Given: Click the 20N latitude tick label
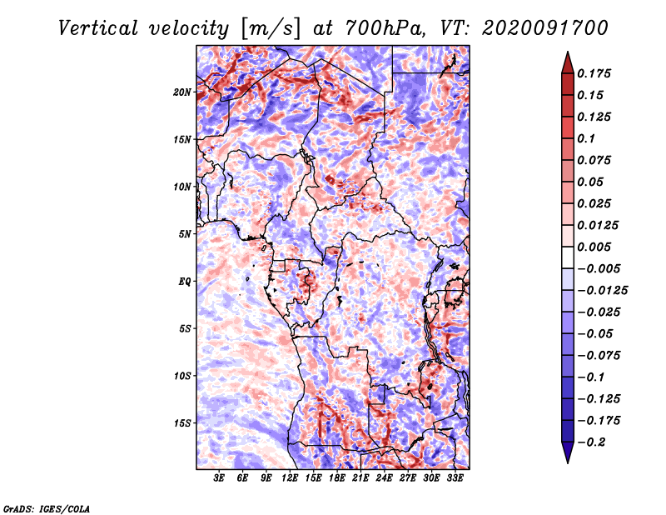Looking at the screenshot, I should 183,92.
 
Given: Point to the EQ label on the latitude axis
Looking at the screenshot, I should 185,281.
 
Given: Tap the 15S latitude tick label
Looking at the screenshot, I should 183,422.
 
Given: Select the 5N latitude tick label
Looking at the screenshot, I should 185,233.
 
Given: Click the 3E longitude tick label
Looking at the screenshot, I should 220,479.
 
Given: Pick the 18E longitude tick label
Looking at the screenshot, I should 337,479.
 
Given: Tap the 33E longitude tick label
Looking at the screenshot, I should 455,479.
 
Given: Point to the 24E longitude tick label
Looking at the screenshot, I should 384,479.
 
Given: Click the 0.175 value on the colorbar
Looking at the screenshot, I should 594,74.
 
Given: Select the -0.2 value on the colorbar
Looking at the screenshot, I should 589,442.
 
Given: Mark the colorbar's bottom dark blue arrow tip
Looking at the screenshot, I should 566,461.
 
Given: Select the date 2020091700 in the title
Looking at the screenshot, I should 533,27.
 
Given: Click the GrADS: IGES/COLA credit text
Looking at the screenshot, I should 47,507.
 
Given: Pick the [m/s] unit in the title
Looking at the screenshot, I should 269,27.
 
